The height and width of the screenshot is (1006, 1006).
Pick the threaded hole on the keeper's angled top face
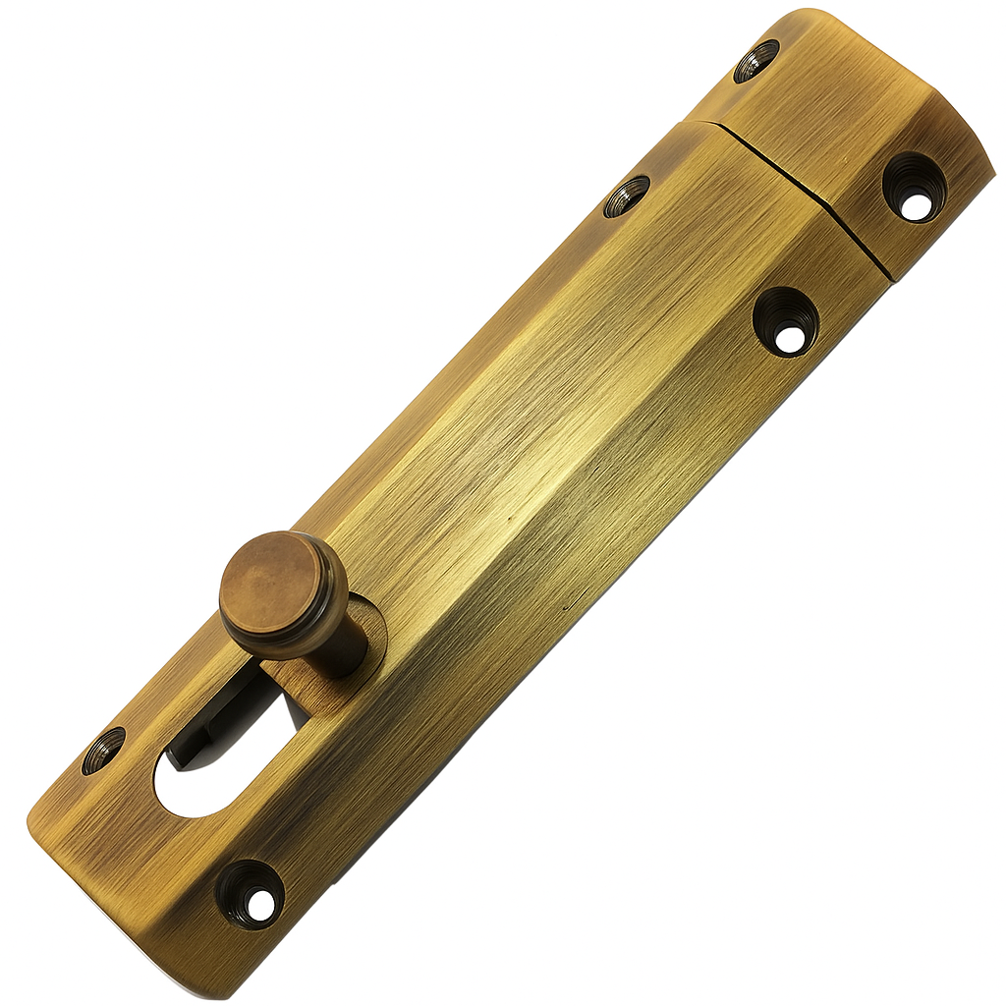[756, 61]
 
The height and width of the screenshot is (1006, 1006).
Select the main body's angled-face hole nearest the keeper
[626, 196]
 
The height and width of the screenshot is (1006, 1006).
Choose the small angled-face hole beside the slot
[103, 750]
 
